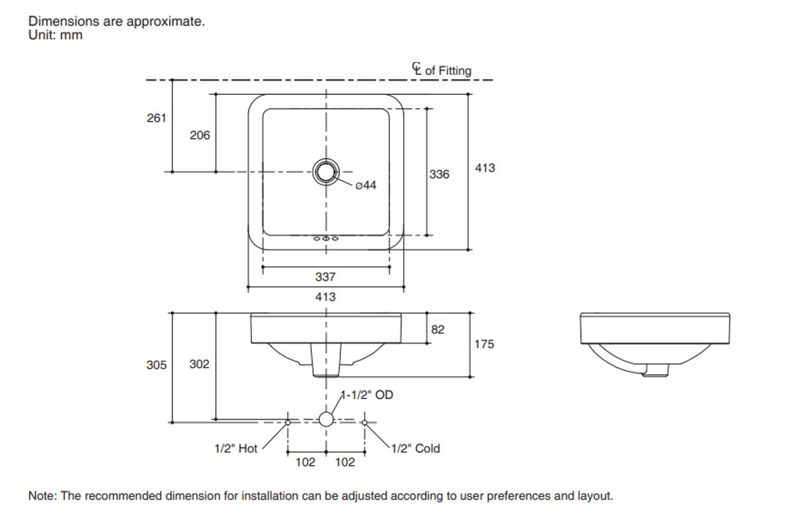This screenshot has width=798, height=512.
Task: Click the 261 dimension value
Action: coord(156,117)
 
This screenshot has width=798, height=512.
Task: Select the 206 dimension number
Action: coord(200,135)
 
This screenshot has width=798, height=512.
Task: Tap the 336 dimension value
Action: coord(439,175)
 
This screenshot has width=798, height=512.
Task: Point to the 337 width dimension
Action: coord(325,277)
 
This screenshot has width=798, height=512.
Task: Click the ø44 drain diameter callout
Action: coord(366,185)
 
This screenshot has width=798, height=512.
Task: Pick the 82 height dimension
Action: coord(438,329)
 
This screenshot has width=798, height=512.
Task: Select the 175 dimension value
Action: coord(484,344)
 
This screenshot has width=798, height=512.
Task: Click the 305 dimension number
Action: coord(156,365)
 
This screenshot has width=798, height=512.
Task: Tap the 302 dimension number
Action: coord(199,364)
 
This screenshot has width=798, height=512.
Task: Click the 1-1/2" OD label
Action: coord(367,395)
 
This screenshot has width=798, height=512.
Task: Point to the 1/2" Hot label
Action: coord(236,448)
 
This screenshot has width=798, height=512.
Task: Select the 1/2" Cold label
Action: coord(415,448)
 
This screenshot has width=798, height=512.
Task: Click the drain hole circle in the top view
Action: coord(325,171)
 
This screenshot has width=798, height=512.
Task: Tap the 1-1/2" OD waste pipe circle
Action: coord(326,419)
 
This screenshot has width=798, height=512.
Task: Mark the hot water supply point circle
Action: coord(287,422)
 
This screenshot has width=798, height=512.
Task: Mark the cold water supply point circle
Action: coord(365,422)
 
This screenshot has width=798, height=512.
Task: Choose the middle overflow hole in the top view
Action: coord(325,239)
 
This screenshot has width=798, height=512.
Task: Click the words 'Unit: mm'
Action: coord(55,36)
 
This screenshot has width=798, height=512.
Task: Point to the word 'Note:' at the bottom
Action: coord(42,496)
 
